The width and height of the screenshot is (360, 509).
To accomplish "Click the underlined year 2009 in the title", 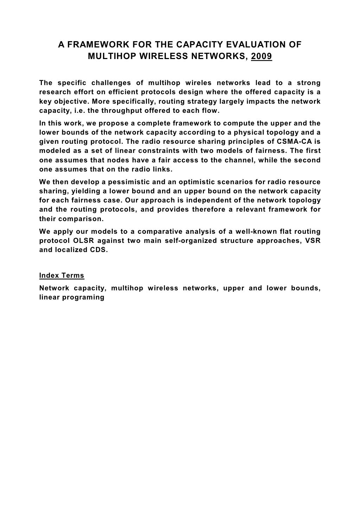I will coord(261,56).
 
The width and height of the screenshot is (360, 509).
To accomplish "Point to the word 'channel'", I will coord(238,160).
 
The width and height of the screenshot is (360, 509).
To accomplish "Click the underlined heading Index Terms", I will coord(62,275).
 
